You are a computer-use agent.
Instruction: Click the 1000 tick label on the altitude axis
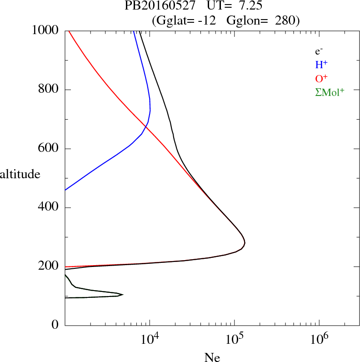point(45,30)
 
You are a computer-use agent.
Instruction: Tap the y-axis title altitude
point(20,174)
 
